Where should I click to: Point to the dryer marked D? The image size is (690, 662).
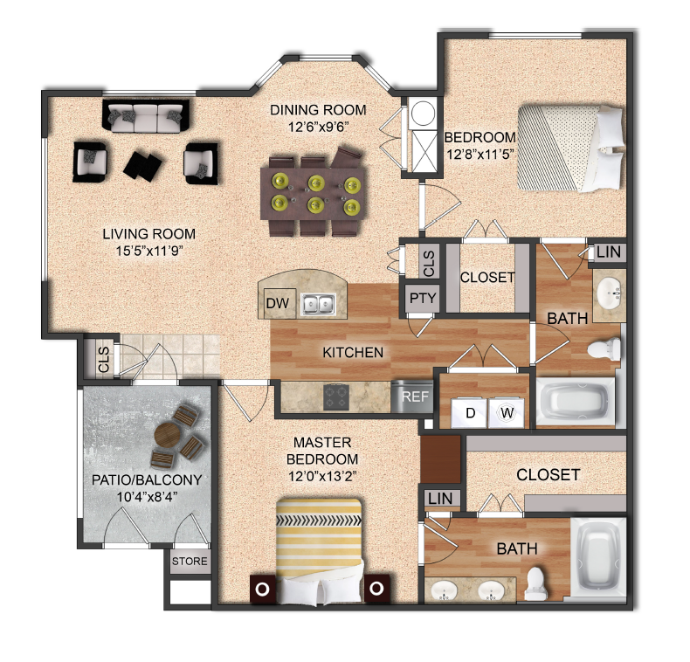pos(468,411)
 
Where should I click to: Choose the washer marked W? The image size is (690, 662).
pos(506,411)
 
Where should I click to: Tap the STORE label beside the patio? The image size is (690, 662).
pos(190,561)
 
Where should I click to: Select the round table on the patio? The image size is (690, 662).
pos(169,434)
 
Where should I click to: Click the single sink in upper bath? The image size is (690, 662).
pos(608,293)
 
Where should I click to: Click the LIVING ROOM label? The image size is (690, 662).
pos(148,234)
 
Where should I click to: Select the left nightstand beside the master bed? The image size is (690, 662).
pos(263,588)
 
